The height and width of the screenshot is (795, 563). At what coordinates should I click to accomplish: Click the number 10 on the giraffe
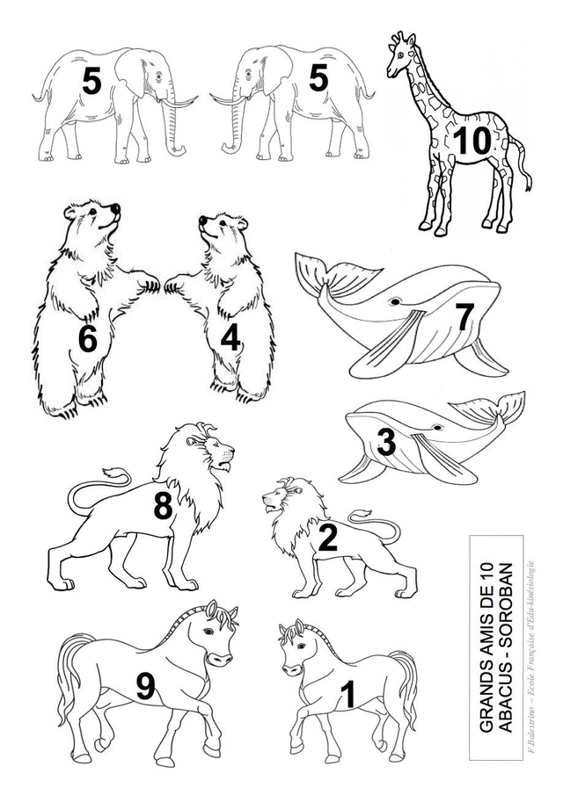point(472,141)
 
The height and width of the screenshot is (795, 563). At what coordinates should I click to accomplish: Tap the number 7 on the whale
point(464,317)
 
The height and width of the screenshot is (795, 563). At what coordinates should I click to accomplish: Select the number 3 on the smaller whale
point(386,442)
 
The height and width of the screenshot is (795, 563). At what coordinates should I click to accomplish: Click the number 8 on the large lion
point(163,505)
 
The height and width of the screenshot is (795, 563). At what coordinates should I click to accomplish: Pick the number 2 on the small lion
point(327,538)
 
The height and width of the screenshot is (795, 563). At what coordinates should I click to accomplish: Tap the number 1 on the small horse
point(348,694)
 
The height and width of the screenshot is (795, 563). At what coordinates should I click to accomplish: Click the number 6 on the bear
point(87,339)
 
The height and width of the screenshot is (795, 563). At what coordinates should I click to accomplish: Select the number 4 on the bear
point(230,337)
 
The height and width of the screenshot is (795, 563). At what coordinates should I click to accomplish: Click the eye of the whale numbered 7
point(395,302)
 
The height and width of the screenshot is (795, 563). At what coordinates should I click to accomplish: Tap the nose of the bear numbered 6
point(116,208)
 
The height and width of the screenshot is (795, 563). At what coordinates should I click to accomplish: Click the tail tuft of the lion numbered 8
point(113,474)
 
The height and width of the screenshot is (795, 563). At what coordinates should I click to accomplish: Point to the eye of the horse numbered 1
point(301,646)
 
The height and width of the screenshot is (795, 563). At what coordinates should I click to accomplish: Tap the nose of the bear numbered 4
point(202,220)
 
